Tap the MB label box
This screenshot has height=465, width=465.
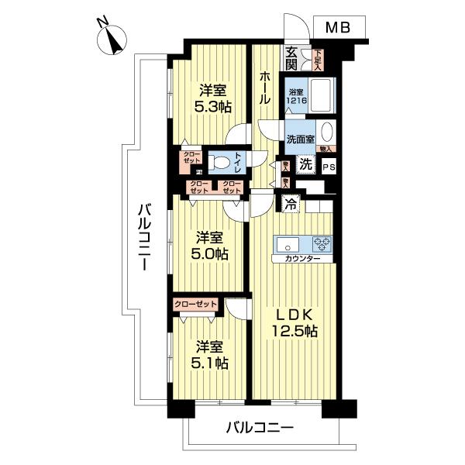337,28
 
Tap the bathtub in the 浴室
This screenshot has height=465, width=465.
320,95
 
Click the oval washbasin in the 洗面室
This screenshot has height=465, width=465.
326,132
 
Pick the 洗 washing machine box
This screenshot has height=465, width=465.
306,165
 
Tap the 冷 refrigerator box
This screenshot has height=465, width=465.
290,205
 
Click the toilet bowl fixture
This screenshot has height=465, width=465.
223,164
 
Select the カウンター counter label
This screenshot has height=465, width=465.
302,258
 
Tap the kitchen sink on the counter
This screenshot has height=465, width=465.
284,242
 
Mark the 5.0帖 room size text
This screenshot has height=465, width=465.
211,253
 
